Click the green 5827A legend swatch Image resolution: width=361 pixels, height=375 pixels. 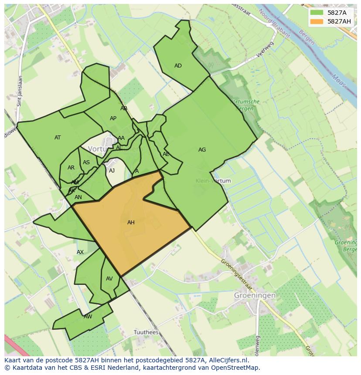pyautogui.click(x=317, y=13)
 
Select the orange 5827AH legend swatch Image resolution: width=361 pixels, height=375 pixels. pyautogui.click(x=317, y=21)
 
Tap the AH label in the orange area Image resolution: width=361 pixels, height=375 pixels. pyautogui.click(x=131, y=223)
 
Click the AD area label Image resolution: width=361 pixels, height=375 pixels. pyautogui.click(x=178, y=66)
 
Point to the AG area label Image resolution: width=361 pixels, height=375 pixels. pyautogui.click(x=202, y=150)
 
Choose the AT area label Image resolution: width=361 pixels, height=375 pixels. pyautogui.click(x=58, y=138)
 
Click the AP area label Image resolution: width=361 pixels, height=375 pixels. pyautogui.click(x=113, y=118)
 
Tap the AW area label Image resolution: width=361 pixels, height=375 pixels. pyautogui.click(x=88, y=317)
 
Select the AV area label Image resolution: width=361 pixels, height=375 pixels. pyautogui.click(x=109, y=279)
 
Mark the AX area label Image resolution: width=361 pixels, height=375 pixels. pyautogui.click(x=80, y=252)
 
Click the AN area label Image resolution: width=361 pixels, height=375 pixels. pyautogui.click(x=78, y=197)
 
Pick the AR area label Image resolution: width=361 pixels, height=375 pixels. pyautogui.click(x=71, y=168)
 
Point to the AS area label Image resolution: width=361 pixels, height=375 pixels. pyautogui.click(x=86, y=162)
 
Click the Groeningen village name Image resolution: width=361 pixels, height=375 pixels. pyautogui.click(x=255, y=295)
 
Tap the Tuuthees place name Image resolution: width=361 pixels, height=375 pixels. pyautogui.click(x=146, y=332)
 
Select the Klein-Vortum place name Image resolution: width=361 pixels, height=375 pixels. pyautogui.click(x=213, y=181)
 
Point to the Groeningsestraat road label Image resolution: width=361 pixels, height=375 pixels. pyautogui.click(x=237, y=275)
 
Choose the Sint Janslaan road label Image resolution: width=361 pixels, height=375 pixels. pyautogui.click(x=20, y=91)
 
